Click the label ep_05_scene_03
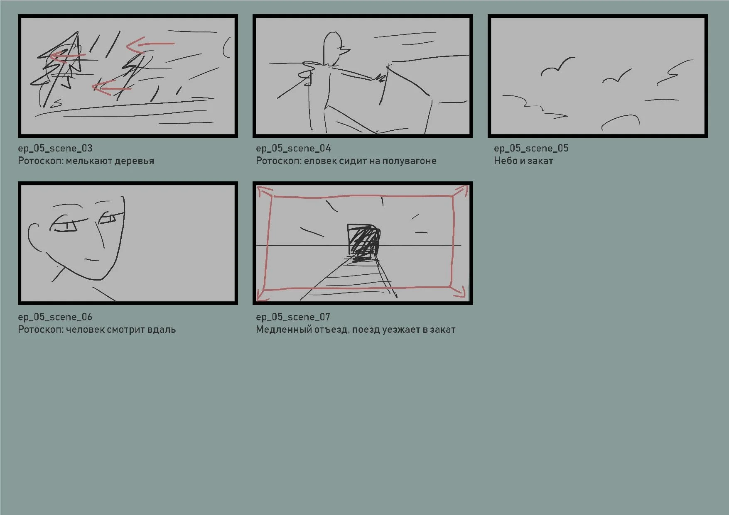pyautogui.click(x=55, y=148)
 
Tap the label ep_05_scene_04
pyautogui.click(x=293, y=148)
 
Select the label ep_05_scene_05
pyautogui.click(x=531, y=148)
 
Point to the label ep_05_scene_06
pyautogui.click(x=55, y=317)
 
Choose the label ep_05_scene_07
pyautogui.click(x=293, y=317)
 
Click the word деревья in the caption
pyautogui.click(x=134, y=161)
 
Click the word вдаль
pyautogui.click(x=162, y=330)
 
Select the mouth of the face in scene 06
pyautogui.click(x=92, y=260)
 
